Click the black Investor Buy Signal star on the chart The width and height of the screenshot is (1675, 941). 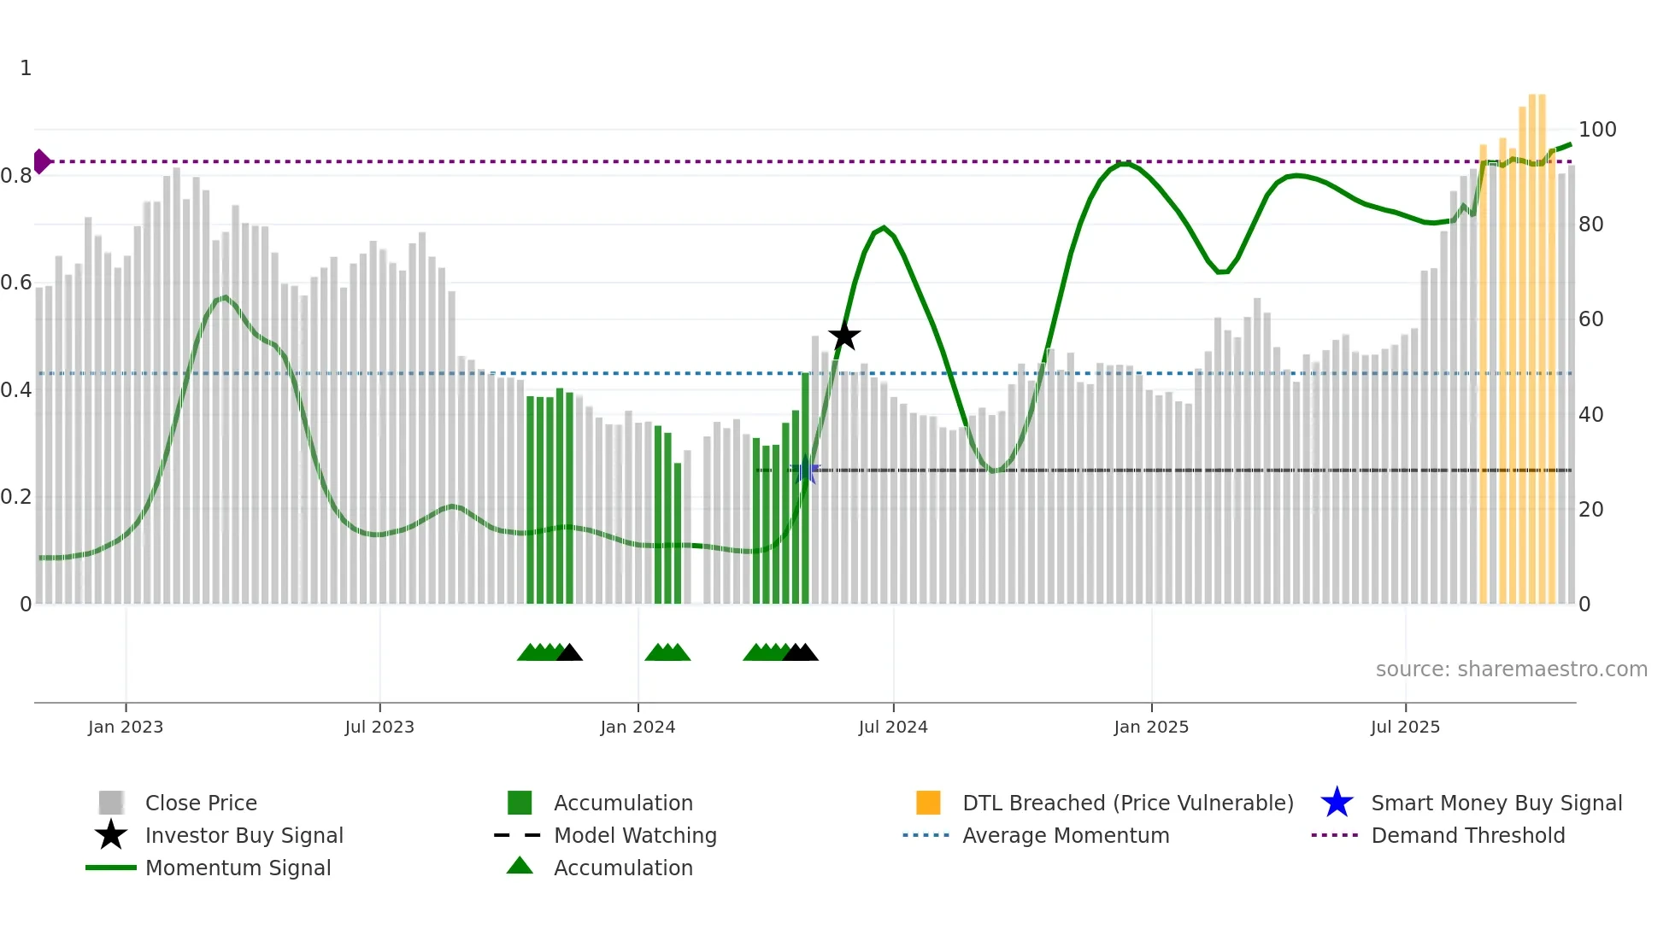click(x=843, y=336)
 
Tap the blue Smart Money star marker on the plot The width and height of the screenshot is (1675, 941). click(x=805, y=470)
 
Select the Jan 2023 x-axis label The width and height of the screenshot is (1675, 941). click(x=126, y=727)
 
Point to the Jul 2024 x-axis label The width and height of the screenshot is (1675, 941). click(x=893, y=727)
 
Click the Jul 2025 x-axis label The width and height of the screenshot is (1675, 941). click(x=1405, y=727)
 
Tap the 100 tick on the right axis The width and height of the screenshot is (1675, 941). click(x=1596, y=130)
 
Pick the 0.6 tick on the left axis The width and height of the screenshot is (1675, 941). click(x=16, y=283)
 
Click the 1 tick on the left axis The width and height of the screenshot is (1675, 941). click(x=26, y=68)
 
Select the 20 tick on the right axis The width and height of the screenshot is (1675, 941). click(x=1590, y=510)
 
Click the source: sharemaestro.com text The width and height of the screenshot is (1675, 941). click(x=1511, y=669)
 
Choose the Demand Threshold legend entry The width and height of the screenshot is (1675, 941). click(x=1467, y=835)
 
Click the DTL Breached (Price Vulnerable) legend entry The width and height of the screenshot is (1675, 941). click(x=1127, y=803)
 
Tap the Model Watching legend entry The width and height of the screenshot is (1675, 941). click(x=634, y=835)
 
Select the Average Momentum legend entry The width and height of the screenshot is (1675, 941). click(x=1065, y=835)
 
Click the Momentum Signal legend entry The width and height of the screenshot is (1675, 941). click(x=238, y=868)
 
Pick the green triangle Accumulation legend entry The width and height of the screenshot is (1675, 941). click(x=622, y=868)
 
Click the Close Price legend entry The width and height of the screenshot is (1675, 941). click(x=200, y=803)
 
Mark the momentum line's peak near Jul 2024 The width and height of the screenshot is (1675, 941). click(x=884, y=227)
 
